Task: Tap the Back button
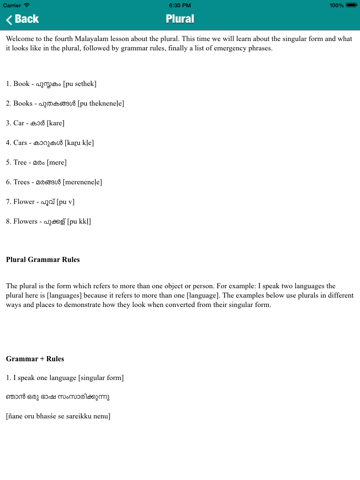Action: pyautogui.click(x=22, y=19)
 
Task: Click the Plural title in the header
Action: pyautogui.click(x=180, y=19)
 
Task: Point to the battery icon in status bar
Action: pyautogui.click(x=349, y=4)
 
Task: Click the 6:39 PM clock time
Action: pyautogui.click(x=180, y=4)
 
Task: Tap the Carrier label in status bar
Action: pyautogui.click(x=15, y=4)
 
